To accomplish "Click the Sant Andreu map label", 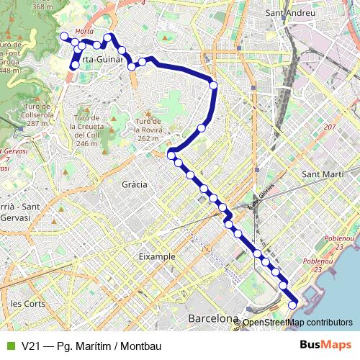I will pyautogui.click(x=290, y=13).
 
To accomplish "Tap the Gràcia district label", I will pyautogui.click(x=135, y=184).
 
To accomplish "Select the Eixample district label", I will pyautogui.click(x=157, y=256).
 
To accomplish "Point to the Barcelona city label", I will pyautogui.click(x=212, y=318).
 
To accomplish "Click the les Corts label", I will pyautogui.click(x=27, y=303).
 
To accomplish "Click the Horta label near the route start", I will pyautogui.click(x=84, y=32).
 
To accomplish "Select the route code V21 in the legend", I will pyautogui.click(x=32, y=346).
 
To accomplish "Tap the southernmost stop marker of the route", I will pyautogui.click(x=292, y=305).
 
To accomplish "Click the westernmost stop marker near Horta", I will pyautogui.click(x=63, y=35).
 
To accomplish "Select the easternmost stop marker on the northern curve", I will pyautogui.click(x=213, y=86).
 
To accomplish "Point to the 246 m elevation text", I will pyautogui.click(x=86, y=143).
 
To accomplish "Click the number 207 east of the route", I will pyautogui.click(x=330, y=127).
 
